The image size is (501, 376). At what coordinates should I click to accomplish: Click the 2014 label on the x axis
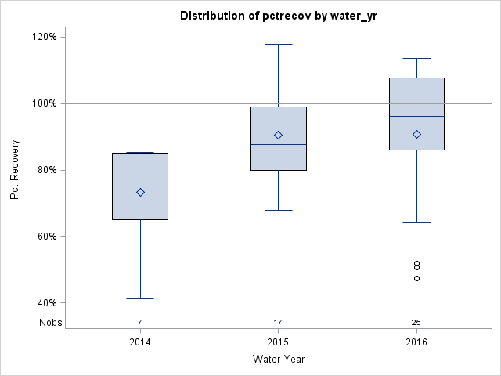pos(140,343)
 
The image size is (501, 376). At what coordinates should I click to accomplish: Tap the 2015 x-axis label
pos(279,343)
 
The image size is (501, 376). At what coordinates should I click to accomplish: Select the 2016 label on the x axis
pos(416,343)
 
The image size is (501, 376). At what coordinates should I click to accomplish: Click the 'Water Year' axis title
pos(279,360)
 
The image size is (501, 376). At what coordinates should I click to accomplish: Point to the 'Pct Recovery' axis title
pos(15,170)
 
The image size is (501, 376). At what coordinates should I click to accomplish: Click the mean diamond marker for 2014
pos(140,192)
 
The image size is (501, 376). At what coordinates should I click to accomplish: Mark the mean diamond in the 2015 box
pos(278,135)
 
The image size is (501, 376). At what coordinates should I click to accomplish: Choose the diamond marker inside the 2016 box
pos(416,134)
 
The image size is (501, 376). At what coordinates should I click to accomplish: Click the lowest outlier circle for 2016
pos(416,278)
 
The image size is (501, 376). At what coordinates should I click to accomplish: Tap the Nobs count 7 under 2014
pos(140,322)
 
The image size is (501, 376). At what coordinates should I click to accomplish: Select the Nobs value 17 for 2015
pos(279,322)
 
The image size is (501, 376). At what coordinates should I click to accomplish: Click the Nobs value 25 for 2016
pos(416,322)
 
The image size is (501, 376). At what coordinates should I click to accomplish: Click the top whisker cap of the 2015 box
pos(279,45)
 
